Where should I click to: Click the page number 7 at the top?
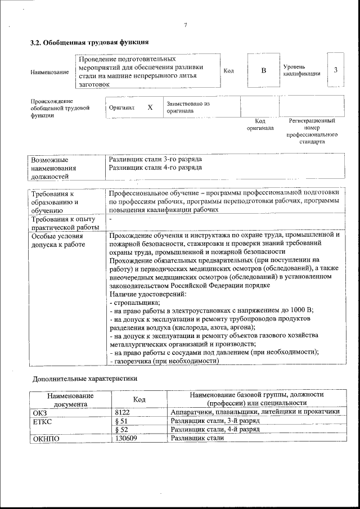[x=185, y=24]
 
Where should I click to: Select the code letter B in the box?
[x=263, y=70]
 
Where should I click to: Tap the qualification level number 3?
[x=335, y=70]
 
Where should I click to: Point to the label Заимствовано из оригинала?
[x=188, y=107]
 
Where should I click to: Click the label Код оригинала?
[x=260, y=124]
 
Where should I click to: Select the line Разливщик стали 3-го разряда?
[x=155, y=159]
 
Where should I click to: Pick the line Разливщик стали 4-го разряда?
[x=155, y=168]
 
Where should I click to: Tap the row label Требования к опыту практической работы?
[x=65, y=223]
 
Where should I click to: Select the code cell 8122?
[x=123, y=412]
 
